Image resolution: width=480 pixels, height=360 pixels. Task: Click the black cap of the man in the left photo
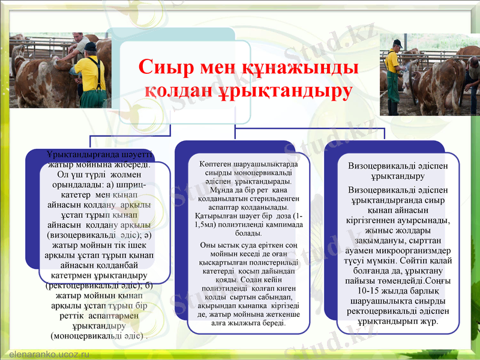coord(90,47)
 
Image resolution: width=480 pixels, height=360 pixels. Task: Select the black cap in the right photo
coord(397,43)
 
